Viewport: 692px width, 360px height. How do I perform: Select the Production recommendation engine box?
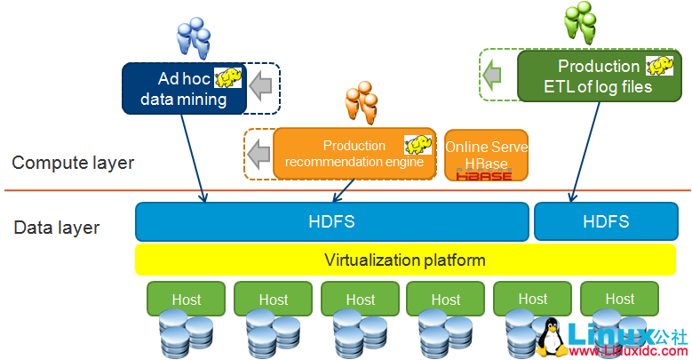tap(354, 154)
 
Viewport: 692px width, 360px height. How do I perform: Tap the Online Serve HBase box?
tap(486, 155)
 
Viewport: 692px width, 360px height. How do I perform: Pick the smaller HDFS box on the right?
tap(607, 221)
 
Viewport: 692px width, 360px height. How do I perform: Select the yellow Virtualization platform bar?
tap(404, 260)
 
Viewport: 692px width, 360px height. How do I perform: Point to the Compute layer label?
tap(73, 163)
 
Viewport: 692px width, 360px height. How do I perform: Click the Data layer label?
tap(57, 228)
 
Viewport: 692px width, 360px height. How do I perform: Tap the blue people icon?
tap(193, 37)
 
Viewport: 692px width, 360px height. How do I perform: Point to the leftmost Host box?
tap(186, 300)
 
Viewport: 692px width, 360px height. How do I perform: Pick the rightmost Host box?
tap(619, 299)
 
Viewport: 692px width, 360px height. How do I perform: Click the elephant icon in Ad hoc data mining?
tap(227, 76)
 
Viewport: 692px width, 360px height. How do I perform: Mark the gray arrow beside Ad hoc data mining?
tap(260, 86)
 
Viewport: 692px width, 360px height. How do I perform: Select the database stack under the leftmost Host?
tap(186, 336)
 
